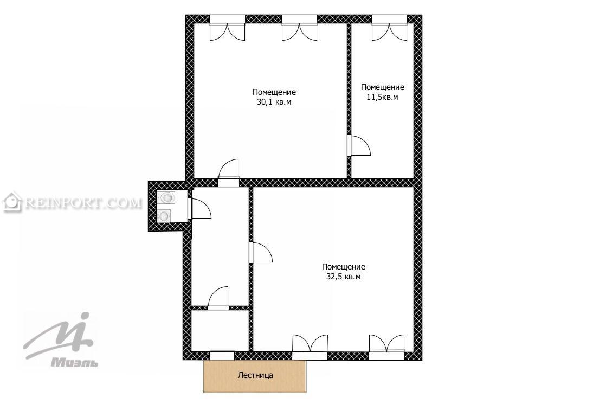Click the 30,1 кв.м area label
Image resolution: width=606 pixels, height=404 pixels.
(274, 102)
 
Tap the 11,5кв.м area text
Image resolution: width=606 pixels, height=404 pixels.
(382, 97)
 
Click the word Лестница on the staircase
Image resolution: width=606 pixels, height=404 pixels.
(255, 375)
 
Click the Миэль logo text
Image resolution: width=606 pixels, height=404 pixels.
(75, 362)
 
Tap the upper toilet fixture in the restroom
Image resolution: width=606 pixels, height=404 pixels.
(166, 197)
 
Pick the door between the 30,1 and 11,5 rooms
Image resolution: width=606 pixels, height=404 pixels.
(359, 145)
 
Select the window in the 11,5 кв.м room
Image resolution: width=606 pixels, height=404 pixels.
(390, 28)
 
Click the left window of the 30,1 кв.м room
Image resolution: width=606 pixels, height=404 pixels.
(227, 28)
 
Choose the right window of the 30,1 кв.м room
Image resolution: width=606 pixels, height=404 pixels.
(300, 28)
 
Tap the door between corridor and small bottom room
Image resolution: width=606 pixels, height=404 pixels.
(218, 298)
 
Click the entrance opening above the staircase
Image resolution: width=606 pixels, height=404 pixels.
(222, 355)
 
